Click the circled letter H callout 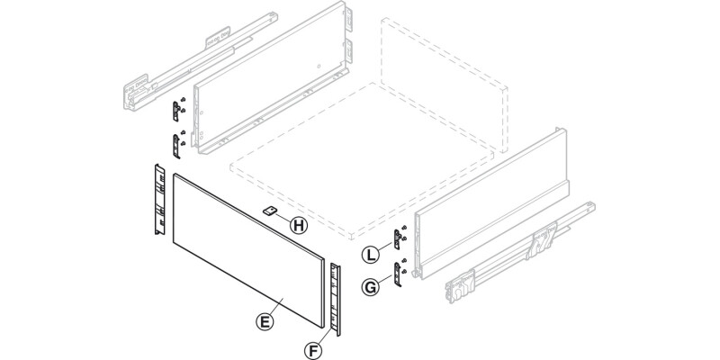coord(299,224)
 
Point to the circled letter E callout coord(264,319)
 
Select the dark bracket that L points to coord(396,239)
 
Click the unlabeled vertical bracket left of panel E coord(157,201)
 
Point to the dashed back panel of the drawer coord(441,90)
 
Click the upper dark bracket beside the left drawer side coord(177,112)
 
